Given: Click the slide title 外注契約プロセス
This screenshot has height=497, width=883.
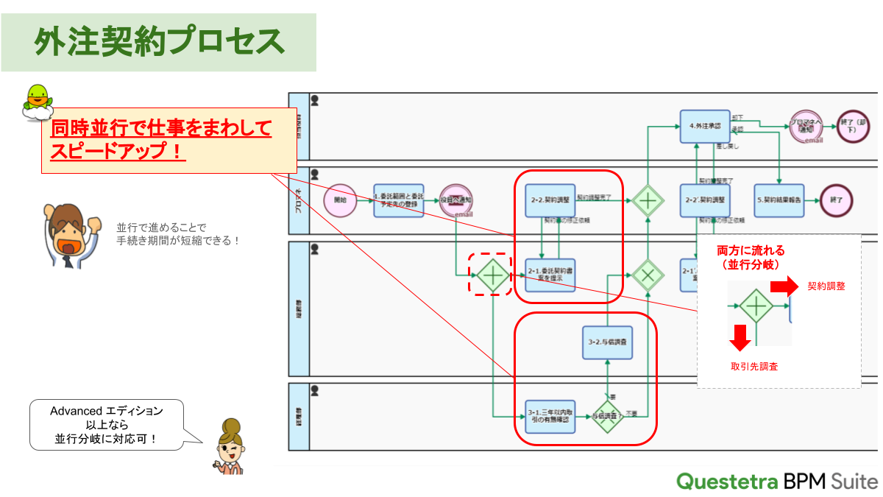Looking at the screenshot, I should click(159, 42).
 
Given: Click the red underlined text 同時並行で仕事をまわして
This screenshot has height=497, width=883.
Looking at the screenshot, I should click(160, 130).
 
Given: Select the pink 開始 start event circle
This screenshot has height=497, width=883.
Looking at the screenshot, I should click(339, 200).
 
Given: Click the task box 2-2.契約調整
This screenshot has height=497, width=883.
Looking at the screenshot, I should click(550, 200).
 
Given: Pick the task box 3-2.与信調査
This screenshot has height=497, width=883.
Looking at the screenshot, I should click(607, 342).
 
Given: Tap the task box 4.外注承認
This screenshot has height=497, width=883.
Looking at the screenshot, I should click(704, 126).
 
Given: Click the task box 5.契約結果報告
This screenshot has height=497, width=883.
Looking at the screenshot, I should click(779, 200).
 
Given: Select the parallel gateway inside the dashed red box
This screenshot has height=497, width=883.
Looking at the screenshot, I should click(491, 275).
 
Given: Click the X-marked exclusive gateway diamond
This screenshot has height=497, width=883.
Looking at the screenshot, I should click(648, 275).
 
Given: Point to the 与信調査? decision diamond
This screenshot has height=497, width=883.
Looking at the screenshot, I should click(607, 417).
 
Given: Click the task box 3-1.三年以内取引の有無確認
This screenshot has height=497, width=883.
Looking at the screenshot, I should click(550, 417).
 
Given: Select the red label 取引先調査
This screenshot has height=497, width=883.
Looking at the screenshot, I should click(753, 366).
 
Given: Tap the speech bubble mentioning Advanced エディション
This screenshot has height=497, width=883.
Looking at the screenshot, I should click(106, 425).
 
